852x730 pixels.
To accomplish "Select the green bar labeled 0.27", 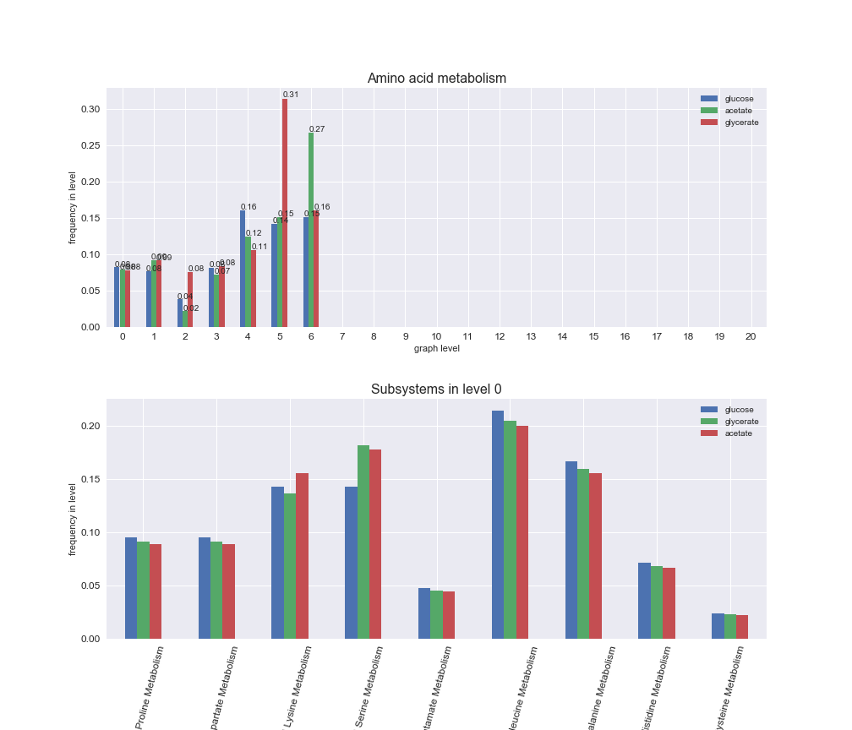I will tap(311, 230).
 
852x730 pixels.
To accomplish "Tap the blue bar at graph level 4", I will tap(243, 269).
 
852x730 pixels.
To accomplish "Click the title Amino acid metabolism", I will tap(436, 79).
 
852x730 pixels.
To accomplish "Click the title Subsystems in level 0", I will tap(436, 390).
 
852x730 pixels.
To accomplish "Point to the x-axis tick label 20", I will tap(751, 336).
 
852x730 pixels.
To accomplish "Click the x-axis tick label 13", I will tap(531, 336).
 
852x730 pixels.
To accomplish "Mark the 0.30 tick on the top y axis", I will tap(90, 110).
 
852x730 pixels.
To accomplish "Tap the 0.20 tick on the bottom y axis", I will tap(90, 427).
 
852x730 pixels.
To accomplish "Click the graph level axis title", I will tap(436, 348).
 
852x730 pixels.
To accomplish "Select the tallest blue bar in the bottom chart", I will tap(498, 525).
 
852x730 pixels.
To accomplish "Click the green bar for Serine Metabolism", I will tap(363, 542).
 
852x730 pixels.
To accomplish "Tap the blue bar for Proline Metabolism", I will tap(131, 588).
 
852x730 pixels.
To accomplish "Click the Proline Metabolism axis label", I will tap(149, 686).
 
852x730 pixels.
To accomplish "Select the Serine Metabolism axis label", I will tap(369, 686).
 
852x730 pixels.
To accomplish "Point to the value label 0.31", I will tap(291, 95).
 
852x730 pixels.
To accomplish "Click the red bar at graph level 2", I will tap(190, 299).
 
